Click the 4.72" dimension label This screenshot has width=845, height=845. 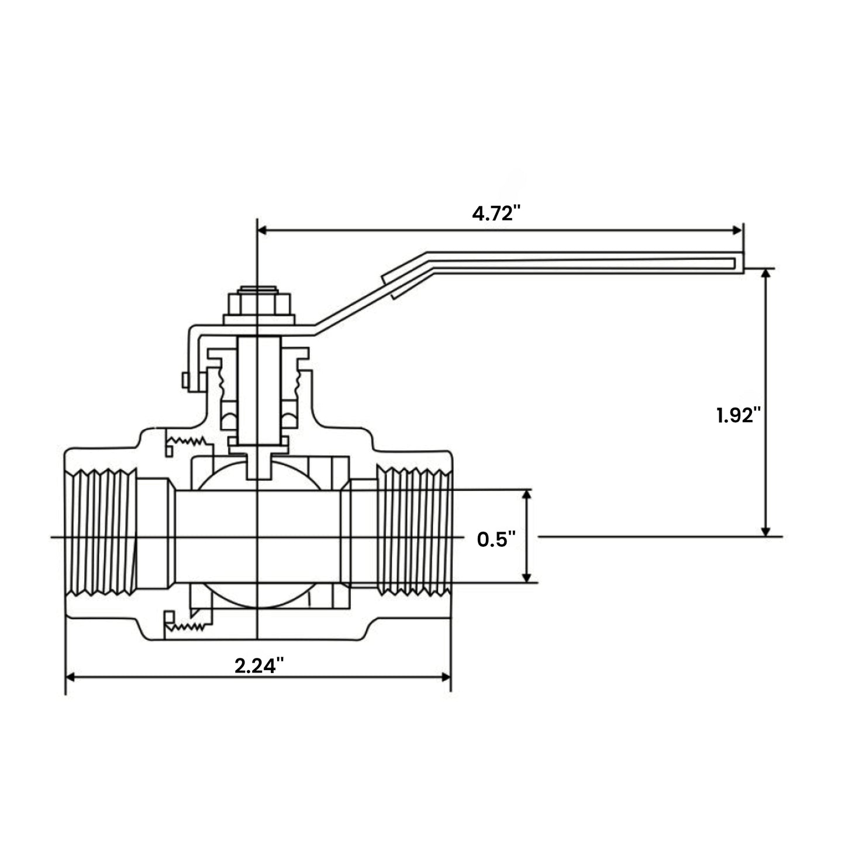[496, 213]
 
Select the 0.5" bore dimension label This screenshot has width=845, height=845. [496, 539]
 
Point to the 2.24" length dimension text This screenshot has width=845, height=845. [259, 665]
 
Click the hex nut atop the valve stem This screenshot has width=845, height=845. [258, 304]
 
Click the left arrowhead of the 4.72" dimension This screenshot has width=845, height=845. [263, 230]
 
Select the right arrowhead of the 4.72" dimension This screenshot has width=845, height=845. [738, 230]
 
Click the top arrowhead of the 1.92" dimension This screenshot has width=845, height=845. [765, 274]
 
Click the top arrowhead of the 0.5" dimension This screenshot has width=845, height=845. [527, 495]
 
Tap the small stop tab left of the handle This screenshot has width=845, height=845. [185, 380]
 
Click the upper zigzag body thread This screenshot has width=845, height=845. [186, 440]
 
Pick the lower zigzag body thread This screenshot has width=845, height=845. [186, 627]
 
